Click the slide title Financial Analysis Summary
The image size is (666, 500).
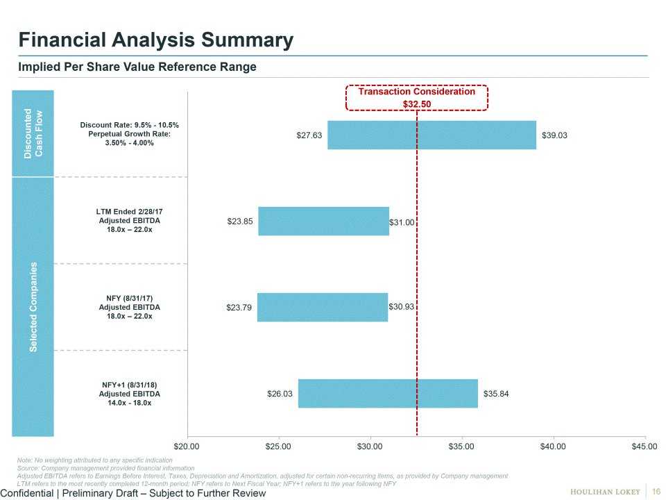[x=156, y=40]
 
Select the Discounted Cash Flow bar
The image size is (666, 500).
[x=432, y=135]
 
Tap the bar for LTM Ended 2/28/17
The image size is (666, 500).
[x=323, y=222]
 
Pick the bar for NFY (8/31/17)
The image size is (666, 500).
[x=323, y=307]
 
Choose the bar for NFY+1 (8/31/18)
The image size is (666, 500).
[x=388, y=394]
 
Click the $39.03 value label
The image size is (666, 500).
[x=553, y=135]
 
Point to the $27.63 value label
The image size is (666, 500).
[x=309, y=135]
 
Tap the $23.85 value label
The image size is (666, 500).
[x=240, y=222]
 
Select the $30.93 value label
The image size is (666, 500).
[x=401, y=307]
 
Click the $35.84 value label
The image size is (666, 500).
[x=495, y=394]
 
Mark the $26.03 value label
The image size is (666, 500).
[x=280, y=394]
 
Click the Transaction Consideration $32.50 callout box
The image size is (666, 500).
[x=417, y=98]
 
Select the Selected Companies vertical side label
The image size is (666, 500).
[x=33, y=307]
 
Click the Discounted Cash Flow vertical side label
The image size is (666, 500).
[x=33, y=133]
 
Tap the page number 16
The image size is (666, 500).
[x=656, y=492]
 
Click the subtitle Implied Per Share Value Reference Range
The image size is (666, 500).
[x=137, y=67]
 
